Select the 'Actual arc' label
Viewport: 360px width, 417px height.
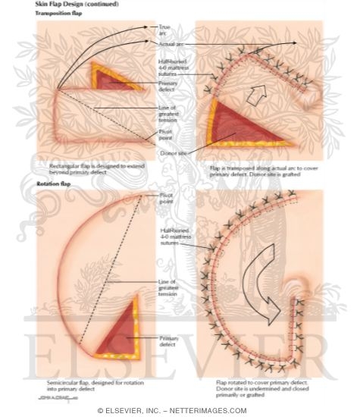171,45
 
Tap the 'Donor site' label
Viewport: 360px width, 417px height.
172,152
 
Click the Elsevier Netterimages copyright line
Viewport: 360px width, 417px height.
180,409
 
